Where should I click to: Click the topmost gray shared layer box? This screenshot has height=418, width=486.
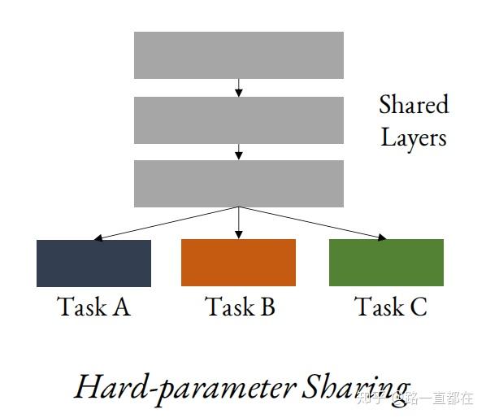[x=238, y=55]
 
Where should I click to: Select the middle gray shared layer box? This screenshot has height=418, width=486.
[x=238, y=120]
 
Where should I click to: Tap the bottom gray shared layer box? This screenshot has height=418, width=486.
[x=238, y=183]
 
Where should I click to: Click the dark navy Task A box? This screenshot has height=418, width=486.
[x=93, y=263]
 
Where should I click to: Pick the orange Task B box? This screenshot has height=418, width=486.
[x=238, y=263]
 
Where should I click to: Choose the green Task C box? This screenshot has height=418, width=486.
[x=386, y=263]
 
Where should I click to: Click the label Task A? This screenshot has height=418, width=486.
[x=93, y=307]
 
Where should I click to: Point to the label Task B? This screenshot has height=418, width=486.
[x=240, y=307]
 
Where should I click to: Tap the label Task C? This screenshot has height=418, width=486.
[x=390, y=307]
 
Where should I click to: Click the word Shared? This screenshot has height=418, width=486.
[x=414, y=105]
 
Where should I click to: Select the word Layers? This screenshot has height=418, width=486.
[x=414, y=137]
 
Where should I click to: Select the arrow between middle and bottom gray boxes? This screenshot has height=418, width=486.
[x=238, y=152]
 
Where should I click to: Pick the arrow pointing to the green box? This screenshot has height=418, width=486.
[x=313, y=224]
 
